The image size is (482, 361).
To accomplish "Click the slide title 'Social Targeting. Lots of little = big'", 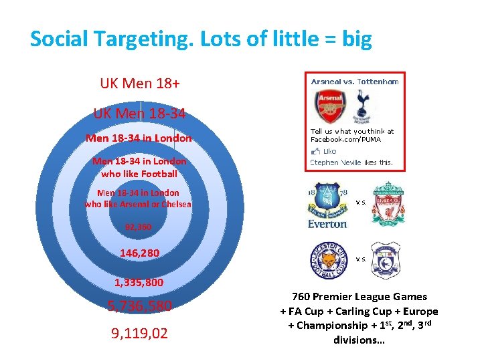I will [x=201, y=39].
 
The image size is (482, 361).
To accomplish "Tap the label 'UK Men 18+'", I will [x=140, y=84].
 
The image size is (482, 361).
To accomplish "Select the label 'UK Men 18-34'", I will [x=140, y=114].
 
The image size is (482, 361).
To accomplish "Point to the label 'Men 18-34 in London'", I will [x=139, y=138].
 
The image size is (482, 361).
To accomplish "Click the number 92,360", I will [x=138, y=227].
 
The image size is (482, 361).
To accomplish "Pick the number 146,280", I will [x=139, y=253].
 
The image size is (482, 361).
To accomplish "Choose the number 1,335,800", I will [x=139, y=282].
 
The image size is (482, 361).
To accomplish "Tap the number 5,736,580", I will [x=140, y=306].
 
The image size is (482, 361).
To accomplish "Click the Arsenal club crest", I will [x=329, y=106].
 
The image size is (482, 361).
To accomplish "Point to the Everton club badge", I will [x=327, y=204].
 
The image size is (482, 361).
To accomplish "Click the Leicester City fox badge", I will [x=327, y=261].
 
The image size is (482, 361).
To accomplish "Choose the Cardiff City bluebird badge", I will [x=385, y=260].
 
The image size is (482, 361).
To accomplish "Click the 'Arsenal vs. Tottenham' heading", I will [x=355, y=82].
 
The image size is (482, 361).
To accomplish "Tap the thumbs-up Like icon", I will [x=315, y=151].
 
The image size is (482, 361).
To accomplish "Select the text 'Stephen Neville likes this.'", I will [x=351, y=162].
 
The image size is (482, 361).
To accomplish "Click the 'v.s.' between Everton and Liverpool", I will [x=360, y=202].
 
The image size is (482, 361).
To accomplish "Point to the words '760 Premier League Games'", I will [x=359, y=297].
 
